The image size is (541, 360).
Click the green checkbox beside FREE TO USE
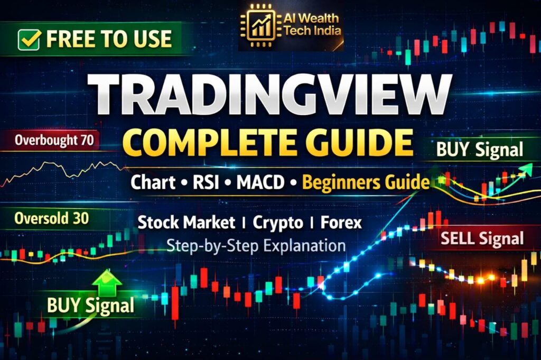[29, 39]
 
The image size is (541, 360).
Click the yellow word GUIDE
[357, 142]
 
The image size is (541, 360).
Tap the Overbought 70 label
[54, 140]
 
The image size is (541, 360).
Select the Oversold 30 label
[51, 218]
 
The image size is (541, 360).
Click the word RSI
[206, 182]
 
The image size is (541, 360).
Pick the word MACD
[260, 182]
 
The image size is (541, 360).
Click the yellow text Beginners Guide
[366, 182]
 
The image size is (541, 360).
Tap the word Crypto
[278, 223]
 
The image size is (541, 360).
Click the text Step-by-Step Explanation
[256, 246]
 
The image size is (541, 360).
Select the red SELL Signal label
[482, 238]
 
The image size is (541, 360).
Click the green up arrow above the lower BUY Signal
[107, 283]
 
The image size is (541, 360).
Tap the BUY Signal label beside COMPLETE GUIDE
[480, 150]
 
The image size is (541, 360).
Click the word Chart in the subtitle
[153, 182]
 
